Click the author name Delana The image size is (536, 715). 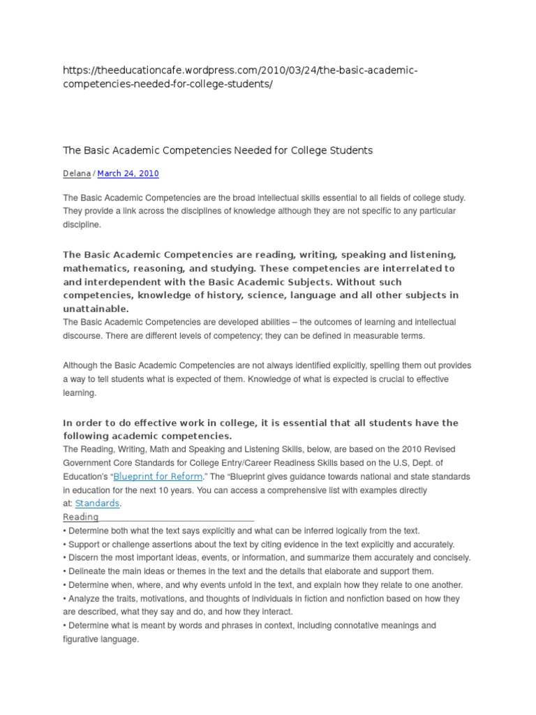(x=77, y=174)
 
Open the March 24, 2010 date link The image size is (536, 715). (x=128, y=174)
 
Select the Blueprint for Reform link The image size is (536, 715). (x=158, y=476)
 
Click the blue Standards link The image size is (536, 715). (x=98, y=503)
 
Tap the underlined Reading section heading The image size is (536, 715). (x=81, y=517)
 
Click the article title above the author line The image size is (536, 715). (x=218, y=150)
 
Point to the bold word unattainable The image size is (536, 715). (x=96, y=309)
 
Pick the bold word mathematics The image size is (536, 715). (x=94, y=268)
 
